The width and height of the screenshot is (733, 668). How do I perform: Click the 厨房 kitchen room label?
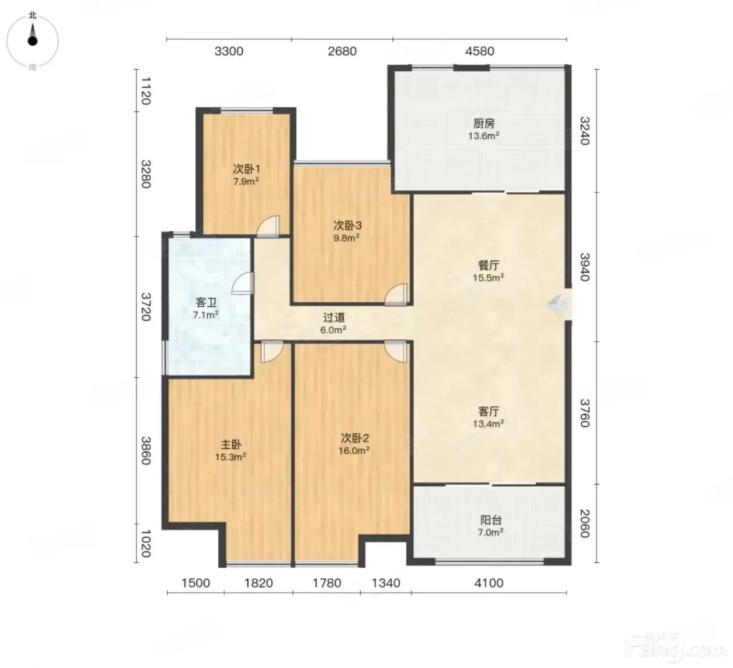tap(484, 123)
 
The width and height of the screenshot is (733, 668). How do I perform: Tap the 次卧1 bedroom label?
tap(247, 169)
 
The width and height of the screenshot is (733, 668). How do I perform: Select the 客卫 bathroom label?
tap(206, 302)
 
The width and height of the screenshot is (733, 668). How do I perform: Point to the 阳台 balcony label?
tap(491, 520)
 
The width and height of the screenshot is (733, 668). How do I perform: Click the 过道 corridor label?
tap(333, 318)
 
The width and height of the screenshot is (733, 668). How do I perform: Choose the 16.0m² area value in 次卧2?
tap(354, 450)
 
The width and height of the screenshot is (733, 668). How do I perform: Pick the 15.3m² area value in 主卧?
tap(231, 457)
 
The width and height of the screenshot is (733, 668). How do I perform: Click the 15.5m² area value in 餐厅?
tap(489, 277)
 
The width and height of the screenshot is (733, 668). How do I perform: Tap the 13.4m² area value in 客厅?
tap(489, 423)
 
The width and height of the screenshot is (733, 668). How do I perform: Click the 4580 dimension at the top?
tap(480, 51)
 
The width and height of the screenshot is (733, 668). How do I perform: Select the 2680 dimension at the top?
tap(342, 51)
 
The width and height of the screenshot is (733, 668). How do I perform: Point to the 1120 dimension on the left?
tap(146, 91)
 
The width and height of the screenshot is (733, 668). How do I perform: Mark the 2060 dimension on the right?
tap(585, 523)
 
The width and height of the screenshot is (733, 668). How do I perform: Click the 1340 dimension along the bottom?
tap(386, 583)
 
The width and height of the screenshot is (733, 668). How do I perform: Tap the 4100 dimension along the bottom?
tap(489, 583)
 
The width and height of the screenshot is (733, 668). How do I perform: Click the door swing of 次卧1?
tap(268, 226)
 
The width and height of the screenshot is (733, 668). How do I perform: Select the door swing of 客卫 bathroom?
tap(243, 283)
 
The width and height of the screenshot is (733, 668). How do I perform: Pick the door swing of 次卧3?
tap(396, 294)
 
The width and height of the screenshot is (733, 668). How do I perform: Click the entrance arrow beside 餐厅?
tap(557, 303)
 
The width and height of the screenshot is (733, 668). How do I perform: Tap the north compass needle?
tap(33, 34)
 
